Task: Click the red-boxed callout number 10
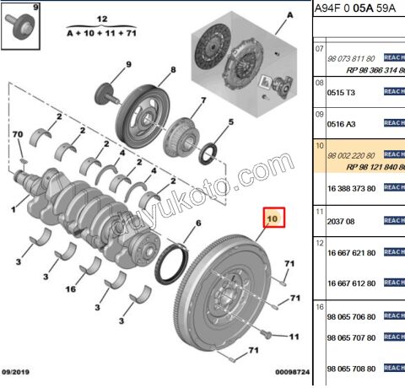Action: pos(273,220)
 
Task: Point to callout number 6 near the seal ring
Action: pos(197,223)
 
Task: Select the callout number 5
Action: pos(231,123)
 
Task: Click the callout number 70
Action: pos(16,135)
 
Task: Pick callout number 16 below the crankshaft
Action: pos(72,289)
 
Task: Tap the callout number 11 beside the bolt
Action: pos(294,336)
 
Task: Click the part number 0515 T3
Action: pos(342,92)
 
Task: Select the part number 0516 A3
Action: pos(342,123)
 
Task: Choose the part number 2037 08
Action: pos(342,220)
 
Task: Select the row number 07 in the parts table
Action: pos(320,49)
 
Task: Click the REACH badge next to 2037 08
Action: pos(394,220)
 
